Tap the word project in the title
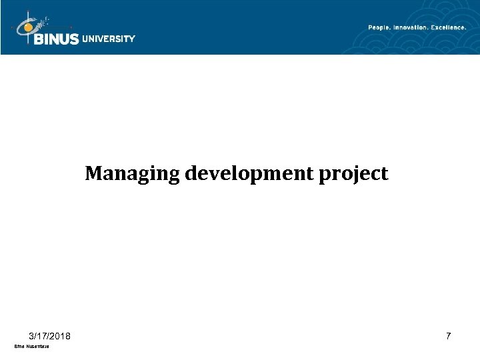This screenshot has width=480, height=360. tap(357, 175)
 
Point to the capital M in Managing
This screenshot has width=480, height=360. tap(93, 174)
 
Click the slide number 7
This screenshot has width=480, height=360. tap(449, 337)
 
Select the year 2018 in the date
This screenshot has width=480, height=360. tap(63, 336)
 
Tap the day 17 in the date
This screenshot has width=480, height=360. tap(43, 336)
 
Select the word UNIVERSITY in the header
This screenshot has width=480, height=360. tap(109, 39)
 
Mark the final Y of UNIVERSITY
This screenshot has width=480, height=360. tap(132, 39)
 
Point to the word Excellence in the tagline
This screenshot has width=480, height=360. tap(447, 27)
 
